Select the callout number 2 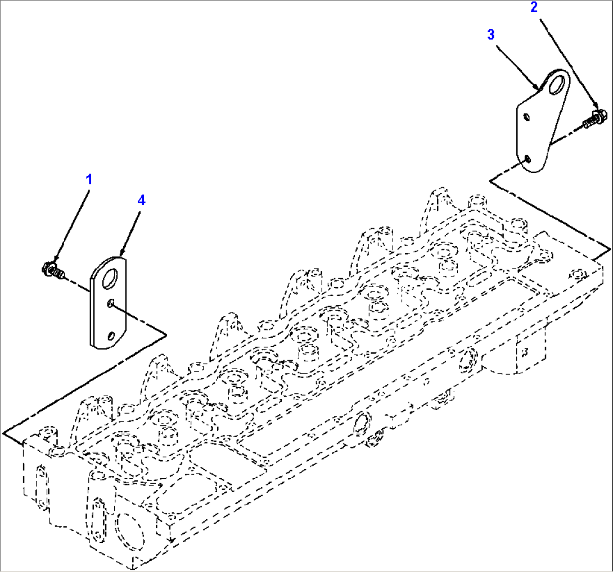click(x=534, y=7)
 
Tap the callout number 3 click(x=491, y=35)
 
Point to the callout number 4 click(x=141, y=200)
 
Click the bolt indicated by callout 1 click(x=52, y=269)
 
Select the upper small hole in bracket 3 click(x=526, y=117)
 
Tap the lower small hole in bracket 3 click(x=528, y=159)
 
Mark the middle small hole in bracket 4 click(x=111, y=304)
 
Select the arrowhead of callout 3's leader click(x=538, y=88)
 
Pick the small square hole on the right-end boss click(x=524, y=352)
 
